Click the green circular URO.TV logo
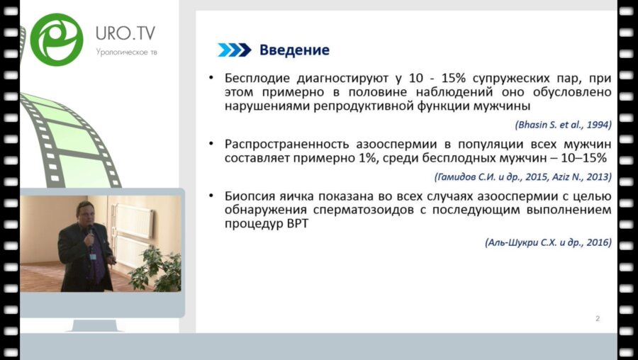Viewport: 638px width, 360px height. [57, 39]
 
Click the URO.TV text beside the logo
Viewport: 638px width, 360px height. [125, 33]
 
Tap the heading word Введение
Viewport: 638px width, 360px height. [294, 50]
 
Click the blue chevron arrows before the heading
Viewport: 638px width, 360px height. [234, 50]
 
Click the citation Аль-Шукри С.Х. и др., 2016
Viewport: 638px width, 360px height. [548, 242]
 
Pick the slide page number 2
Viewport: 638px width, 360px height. [597, 319]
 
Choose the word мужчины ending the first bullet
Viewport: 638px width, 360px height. [500, 106]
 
